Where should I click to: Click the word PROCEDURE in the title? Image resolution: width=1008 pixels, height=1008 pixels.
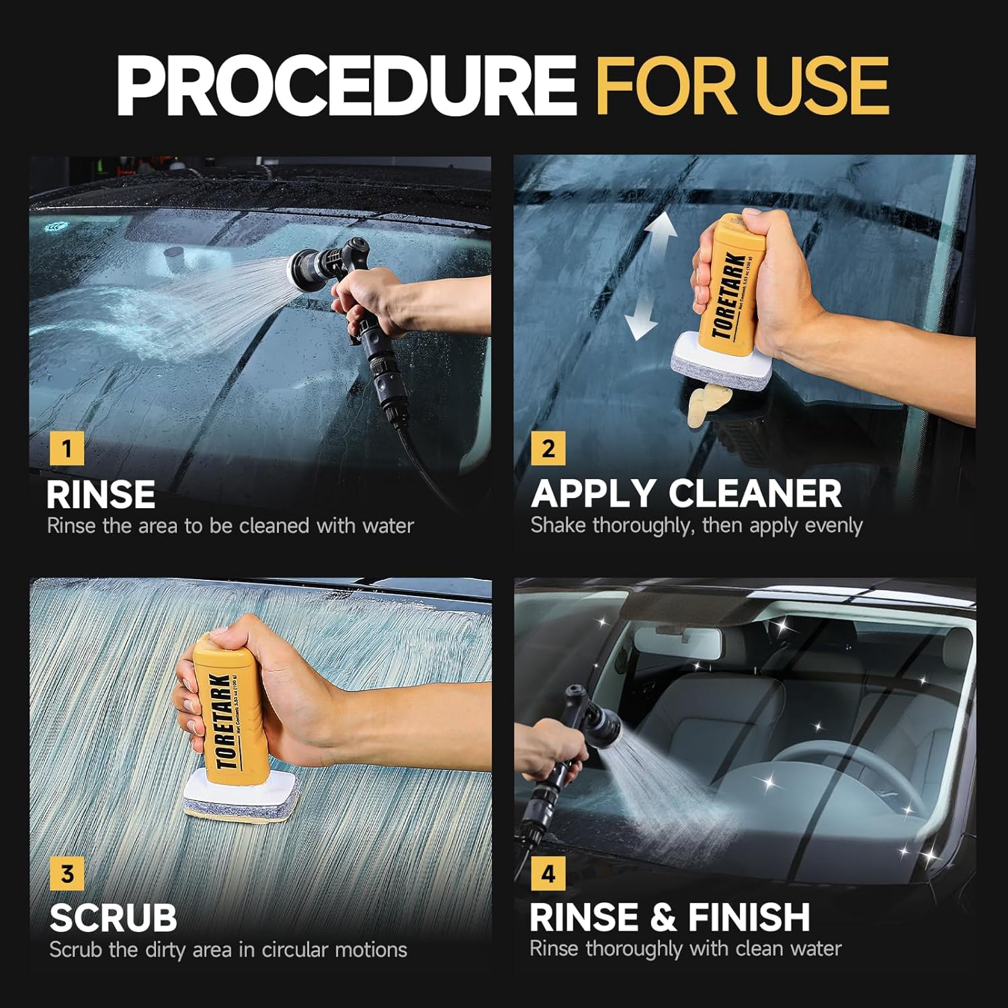click(x=346, y=86)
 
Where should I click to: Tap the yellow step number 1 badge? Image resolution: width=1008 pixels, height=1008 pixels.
click(x=67, y=448)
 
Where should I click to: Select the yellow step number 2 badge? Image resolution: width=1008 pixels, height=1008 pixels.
click(x=548, y=448)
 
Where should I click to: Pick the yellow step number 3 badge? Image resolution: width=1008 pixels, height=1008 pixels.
click(x=67, y=874)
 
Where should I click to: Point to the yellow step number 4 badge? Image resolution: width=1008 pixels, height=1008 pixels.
click(x=548, y=874)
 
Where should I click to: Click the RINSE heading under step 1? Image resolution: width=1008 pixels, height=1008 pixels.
click(x=101, y=495)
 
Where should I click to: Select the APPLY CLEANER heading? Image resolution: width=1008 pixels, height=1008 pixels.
click(x=686, y=494)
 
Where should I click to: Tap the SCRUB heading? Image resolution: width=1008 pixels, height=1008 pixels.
click(x=113, y=918)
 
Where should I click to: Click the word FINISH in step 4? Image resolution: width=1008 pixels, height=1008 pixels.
click(x=749, y=917)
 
